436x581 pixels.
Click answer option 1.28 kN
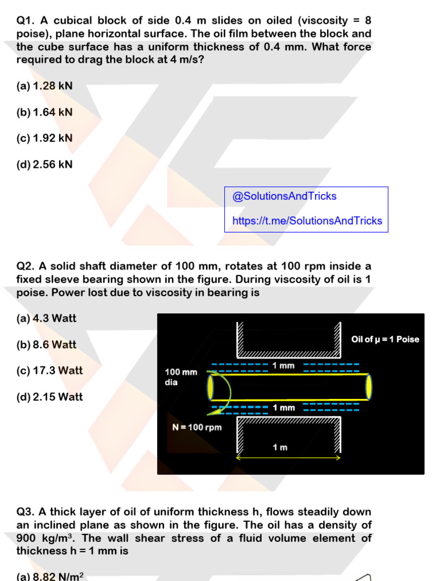tap(44, 86)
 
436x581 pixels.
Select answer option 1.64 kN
tap(44, 112)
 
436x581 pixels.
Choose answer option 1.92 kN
tap(44, 138)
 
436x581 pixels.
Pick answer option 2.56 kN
tap(44, 165)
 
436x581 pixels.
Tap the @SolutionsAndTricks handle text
tap(284, 196)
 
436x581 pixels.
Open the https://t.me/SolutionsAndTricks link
tap(307, 221)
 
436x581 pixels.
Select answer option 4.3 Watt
tap(47, 318)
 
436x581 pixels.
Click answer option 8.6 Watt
tap(47, 344)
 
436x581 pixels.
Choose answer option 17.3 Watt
tap(50, 371)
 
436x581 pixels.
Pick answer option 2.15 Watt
tap(50, 397)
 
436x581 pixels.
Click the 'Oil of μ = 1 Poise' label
tap(385, 339)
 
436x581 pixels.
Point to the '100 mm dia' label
tap(181, 377)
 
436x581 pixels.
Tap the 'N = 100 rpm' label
tap(197, 427)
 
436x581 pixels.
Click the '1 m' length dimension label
tap(280, 447)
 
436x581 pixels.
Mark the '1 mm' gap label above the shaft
tap(283, 366)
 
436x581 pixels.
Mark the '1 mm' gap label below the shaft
tap(284, 408)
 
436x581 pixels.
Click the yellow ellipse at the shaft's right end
tap(368, 387)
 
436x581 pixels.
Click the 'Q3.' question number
tap(26, 512)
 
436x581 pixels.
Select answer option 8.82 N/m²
tap(50, 576)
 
